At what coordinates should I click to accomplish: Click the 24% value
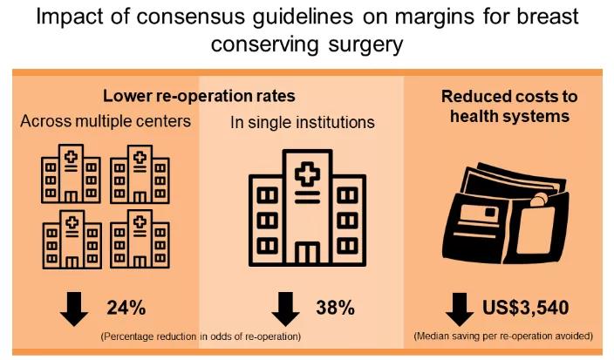pyautogui.click(x=125, y=308)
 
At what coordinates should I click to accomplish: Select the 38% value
pyautogui.click(x=335, y=308)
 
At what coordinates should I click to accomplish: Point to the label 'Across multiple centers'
pyautogui.click(x=106, y=121)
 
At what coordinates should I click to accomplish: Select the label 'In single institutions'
pyautogui.click(x=303, y=123)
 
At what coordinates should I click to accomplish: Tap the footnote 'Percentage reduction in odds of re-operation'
pyautogui.click(x=200, y=336)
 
